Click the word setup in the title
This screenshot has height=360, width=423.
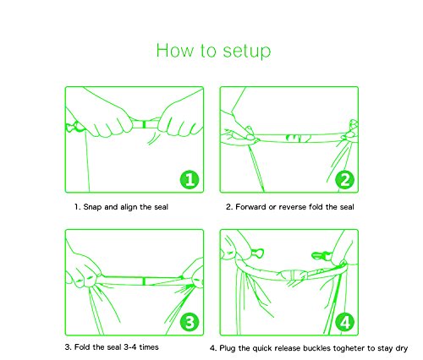247,52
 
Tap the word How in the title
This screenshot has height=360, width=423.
175,50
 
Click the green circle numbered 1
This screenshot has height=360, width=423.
190,179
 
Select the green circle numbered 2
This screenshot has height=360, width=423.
344,179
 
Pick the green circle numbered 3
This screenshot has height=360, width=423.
190,322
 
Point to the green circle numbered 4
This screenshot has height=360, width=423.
344,322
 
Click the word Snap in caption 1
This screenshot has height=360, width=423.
92,207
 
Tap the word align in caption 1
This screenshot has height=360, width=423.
129,207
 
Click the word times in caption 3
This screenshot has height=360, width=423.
149,347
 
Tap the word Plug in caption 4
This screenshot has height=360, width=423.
228,348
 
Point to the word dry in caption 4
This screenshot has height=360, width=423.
402,349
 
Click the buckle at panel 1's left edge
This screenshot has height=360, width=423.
73,128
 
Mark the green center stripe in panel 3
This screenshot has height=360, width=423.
144,281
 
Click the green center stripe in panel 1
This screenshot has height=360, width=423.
144,124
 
